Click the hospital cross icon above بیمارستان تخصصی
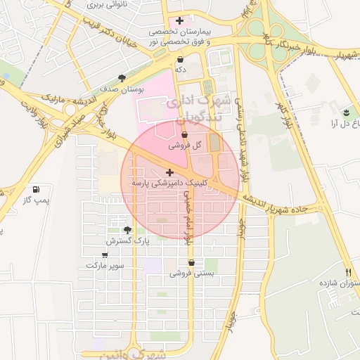(181, 20)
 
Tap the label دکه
(181, 70)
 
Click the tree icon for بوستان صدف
(122, 78)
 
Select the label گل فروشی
(185, 146)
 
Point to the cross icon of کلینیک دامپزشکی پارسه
(169, 172)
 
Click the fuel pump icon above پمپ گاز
(35, 190)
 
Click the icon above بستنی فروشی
(191, 262)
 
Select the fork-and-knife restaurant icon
(348, 272)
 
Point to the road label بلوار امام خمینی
(187, 214)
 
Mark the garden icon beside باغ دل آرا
(346, 112)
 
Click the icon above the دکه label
(181, 59)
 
